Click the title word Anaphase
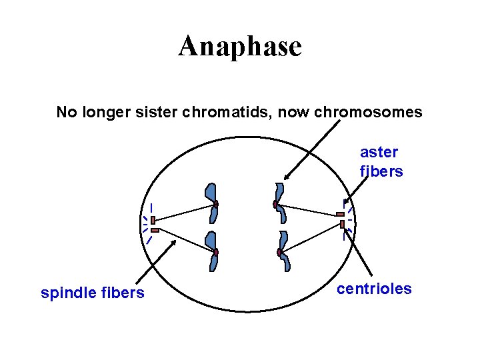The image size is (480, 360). point(240,47)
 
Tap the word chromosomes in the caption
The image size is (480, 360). point(370,112)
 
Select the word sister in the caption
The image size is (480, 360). point(173,112)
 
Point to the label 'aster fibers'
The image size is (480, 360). point(381,162)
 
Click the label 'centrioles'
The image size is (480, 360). point(374,289)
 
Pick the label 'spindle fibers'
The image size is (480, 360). point(92,293)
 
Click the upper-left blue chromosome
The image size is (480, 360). point(212,203)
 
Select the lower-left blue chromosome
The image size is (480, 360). point(212,251)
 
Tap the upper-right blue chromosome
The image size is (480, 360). point(281,203)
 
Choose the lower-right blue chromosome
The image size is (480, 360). point(284,251)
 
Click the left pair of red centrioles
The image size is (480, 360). point(153,224)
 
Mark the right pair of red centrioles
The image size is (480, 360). point(341,219)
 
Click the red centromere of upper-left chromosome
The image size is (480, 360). point(216,204)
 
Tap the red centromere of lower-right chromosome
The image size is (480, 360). point(279,252)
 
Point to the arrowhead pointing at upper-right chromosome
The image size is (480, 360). point(287,177)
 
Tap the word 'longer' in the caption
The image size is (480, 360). point(103,112)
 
